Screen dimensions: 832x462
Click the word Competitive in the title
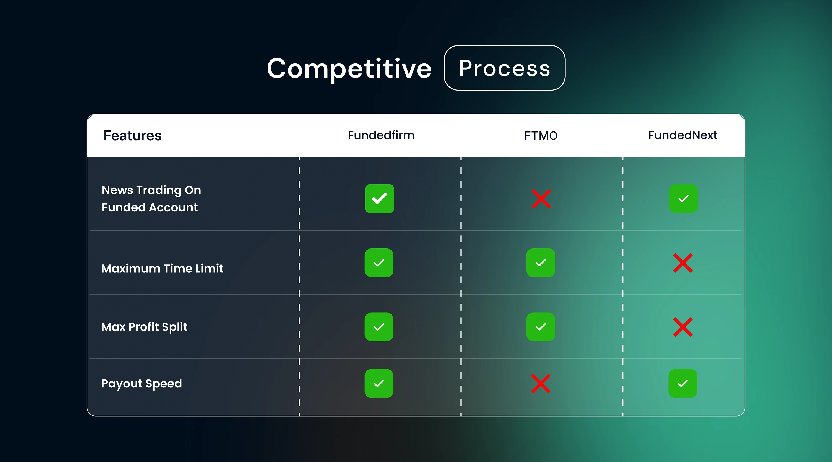tap(349, 68)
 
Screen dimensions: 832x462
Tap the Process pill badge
tap(504, 68)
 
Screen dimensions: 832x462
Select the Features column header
tap(132, 136)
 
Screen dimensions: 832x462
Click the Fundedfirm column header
tap(381, 135)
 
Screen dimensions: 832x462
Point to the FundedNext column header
tap(683, 135)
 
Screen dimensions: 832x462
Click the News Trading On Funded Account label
tap(151, 199)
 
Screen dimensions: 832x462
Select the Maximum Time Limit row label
tap(162, 269)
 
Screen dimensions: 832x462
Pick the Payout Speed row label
tap(141, 384)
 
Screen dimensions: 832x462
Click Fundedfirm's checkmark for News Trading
tap(380, 199)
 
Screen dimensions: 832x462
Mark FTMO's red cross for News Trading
tap(541, 199)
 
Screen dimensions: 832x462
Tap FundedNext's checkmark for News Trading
tap(683, 199)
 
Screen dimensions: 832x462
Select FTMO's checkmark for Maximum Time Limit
tap(541, 263)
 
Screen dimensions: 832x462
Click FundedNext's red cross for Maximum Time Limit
tap(683, 263)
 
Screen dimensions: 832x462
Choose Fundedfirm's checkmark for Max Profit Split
tap(379, 327)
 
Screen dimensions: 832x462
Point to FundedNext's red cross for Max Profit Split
tap(683, 327)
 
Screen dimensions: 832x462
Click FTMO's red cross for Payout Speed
tap(541, 384)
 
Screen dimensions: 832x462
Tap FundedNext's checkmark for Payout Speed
tap(683, 384)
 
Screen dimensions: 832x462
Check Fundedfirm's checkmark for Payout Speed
tap(379, 384)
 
